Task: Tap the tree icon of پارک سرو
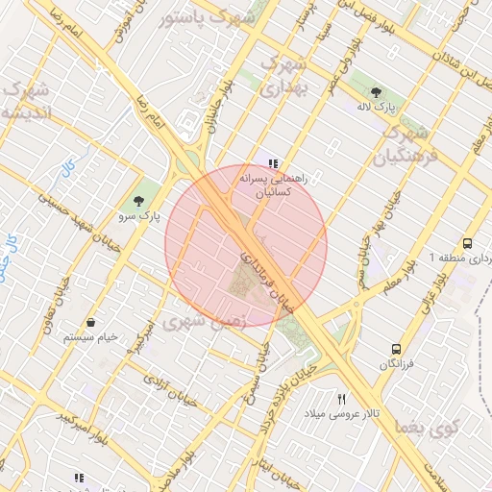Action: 140,202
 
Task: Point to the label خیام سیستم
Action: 90,337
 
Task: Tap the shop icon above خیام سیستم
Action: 90,322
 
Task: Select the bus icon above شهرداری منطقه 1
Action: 467,244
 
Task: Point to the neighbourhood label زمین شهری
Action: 204,320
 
